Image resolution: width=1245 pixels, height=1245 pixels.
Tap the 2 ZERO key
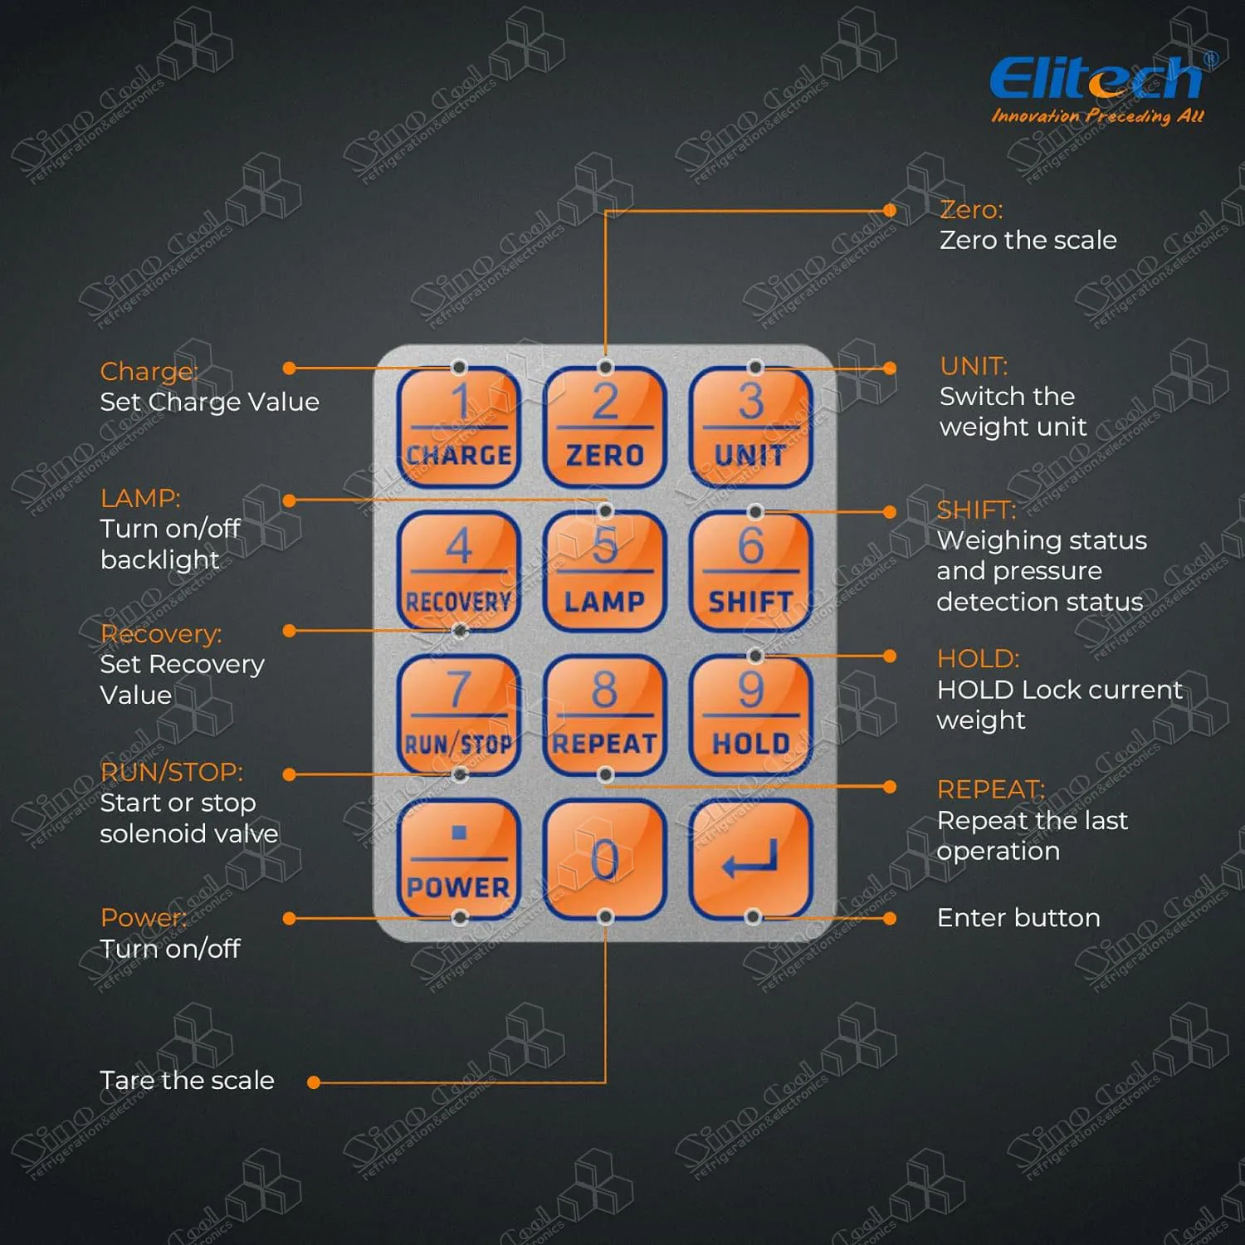[x=605, y=427]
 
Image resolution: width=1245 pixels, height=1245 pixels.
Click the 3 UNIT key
[x=750, y=427]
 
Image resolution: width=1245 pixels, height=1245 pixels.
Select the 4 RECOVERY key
[x=459, y=571]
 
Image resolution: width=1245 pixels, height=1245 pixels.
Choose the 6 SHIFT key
[x=750, y=571]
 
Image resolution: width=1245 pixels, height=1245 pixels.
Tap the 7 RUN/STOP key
[x=459, y=715]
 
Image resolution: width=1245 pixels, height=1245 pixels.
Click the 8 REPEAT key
[x=605, y=715]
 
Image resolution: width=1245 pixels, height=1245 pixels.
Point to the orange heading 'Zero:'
[x=971, y=210]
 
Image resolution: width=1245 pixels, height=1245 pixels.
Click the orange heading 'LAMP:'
[x=140, y=498]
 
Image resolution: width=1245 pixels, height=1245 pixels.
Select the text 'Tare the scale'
[x=187, y=1081]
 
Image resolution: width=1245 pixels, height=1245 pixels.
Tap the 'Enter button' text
[x=1018, y=918]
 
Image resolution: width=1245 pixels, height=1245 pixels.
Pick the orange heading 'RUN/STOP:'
[x=171, y=772]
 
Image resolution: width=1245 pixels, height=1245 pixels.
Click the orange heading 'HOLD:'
[x=978, y=659]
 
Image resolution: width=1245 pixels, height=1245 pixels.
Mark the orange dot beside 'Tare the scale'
[x=314, y=1082]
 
